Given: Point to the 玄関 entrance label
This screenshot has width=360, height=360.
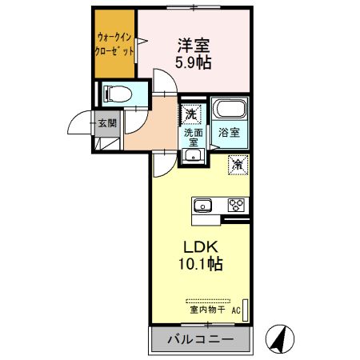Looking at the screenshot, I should [x=106, y=123].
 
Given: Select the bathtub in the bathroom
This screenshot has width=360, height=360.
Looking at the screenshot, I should [x=230, y=110].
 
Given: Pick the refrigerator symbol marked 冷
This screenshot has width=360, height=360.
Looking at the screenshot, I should [x=238, y=164].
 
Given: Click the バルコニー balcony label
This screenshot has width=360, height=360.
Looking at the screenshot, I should [x=200, y=340].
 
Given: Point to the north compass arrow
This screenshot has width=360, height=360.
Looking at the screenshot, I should [x=279, y=339].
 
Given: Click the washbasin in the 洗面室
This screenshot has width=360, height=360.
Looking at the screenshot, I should [x=192, y=154].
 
